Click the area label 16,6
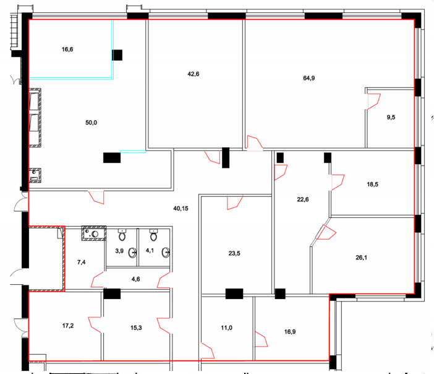tap(67, 50)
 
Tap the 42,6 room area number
tap(193, 74)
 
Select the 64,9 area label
tap(309, 78)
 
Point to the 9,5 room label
tap(391, 117)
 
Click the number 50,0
tap(91, 123)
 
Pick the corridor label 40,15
tap(181, 209)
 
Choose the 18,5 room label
tap(373, 185)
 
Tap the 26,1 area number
tap(362, 258)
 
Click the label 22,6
tap(303, 199)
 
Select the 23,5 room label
tap(234, 253)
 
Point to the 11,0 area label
tap(226, 328)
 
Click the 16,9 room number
tap(290, 332)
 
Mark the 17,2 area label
tap(68, 326)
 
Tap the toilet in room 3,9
tap(122, 235)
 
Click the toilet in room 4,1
tap(153, 235)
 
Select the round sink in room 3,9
tap(132, 253)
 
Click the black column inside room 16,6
tap(117, 55)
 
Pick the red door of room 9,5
tap(373, 102)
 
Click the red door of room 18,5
tap(338, 182)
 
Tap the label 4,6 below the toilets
tap(135, 279)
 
